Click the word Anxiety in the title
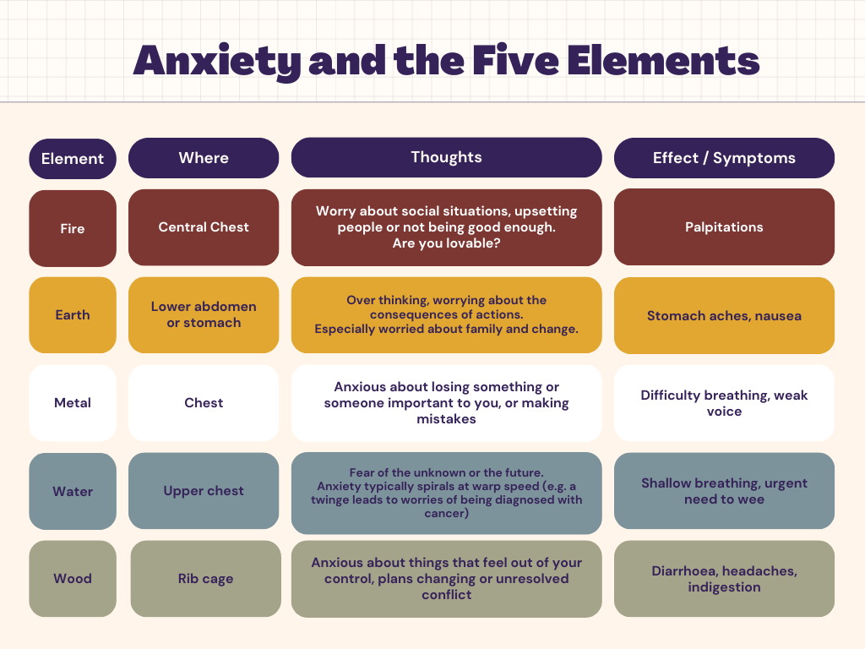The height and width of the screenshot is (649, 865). [217, 61]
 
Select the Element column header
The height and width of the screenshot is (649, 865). [73, 159]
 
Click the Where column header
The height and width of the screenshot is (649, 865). [204, 158]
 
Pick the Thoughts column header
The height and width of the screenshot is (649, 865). [446, 157]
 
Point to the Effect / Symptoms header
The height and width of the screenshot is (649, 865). [724, 158]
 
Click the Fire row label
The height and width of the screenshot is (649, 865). [73, 228]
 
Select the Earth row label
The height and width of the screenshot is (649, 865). [73, 314]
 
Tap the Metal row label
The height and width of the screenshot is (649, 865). [73, 403]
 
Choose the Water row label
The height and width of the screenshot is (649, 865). [73, 491]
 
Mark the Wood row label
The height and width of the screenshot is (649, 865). [73, 578]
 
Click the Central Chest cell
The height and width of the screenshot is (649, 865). [204, 227]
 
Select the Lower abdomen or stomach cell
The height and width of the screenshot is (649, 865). [204, 314]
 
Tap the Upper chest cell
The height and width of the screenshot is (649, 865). [204, 491]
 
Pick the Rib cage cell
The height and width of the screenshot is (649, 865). [206, 578]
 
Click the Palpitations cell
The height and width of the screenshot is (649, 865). [724, 226]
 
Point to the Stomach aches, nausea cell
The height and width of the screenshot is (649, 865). [724, 316]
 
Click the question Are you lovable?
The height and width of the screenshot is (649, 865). [446, 243]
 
